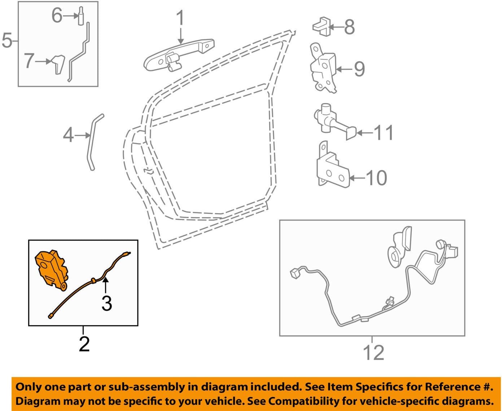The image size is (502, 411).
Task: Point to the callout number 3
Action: (x=107, y=303)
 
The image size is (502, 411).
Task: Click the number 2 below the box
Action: (x=84, y=344)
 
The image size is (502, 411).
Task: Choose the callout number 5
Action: (x=7, y=40)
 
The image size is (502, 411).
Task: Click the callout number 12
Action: (x=373, y=352)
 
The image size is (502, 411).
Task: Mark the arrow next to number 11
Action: (x=365, y=133)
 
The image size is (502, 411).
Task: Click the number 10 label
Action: (x=376, y=178)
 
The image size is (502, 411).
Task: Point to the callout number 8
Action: (x=349, y=27)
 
